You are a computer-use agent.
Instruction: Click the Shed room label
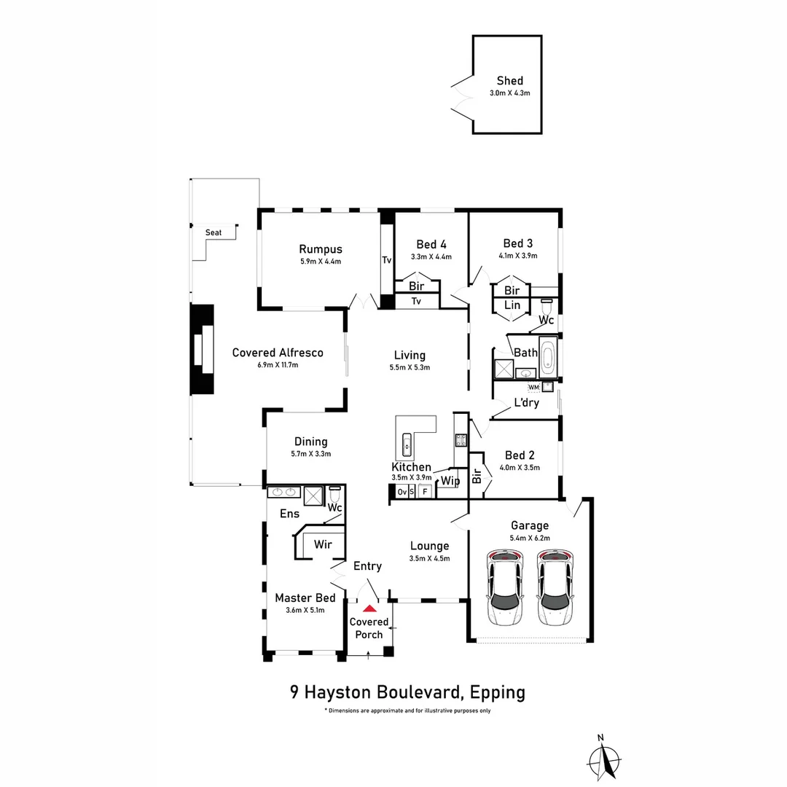[x=509, y=80]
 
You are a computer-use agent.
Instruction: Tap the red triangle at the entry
[x=370, y=608]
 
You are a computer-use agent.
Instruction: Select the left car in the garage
[x=504, y=587]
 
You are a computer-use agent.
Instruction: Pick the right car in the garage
[x=555, y=587]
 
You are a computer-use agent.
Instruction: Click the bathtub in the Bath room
[x=547, y=357]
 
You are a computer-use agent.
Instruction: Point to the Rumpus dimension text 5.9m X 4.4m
[x=321, y=262]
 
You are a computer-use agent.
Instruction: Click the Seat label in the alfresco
[x=214, y=232]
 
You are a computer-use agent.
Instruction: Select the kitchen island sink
[x=407, y=445]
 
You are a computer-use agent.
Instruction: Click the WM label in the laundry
[x=533, y=388]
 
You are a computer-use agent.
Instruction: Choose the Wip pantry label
[x=450, y=481]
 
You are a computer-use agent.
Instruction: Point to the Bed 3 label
[x=518, y=243]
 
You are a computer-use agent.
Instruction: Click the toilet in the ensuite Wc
[x=334, y=493]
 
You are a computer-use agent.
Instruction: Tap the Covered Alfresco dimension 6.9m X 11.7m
[x=278, y=365]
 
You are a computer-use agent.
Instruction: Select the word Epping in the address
[x=498, y=693]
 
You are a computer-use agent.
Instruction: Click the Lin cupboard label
[x=512, y=305]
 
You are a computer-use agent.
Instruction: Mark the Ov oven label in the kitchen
[x=402, y=492]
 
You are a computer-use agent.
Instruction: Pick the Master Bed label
[x=305, y=598]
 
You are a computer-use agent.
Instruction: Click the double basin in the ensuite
[x=283, y=492]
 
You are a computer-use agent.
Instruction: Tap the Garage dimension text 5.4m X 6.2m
[x=530, y=538]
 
